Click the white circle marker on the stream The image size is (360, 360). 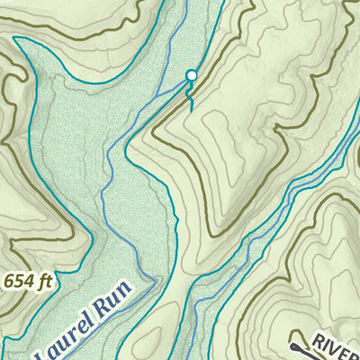[x=190, y=76]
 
